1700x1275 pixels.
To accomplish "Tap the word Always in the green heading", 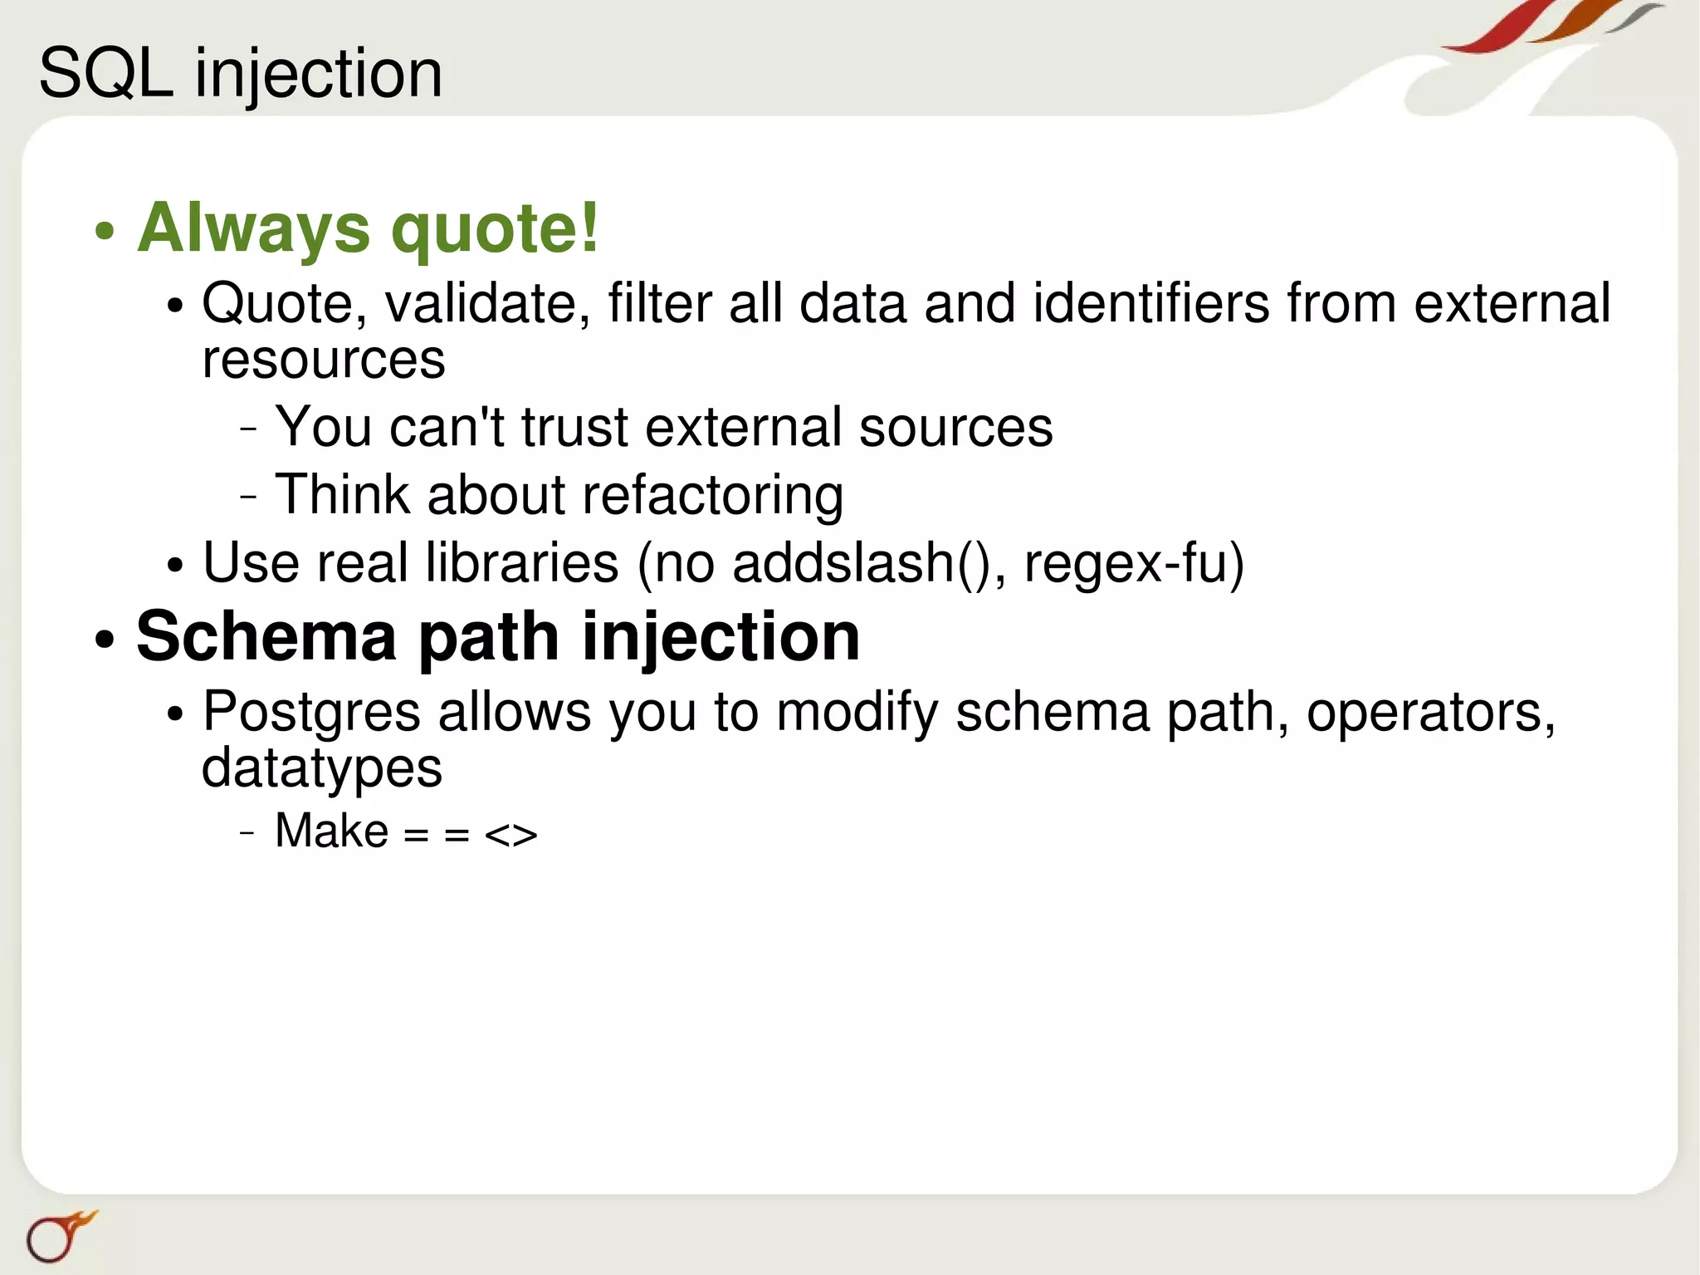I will tap(254, 228).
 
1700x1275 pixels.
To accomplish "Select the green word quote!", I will tap(495, 228).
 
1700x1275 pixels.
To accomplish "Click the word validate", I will tap(487, 303).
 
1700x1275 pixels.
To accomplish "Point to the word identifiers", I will tap(1151, 303).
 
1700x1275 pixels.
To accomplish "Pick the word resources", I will tap(324, 360).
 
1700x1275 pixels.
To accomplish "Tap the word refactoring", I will tap(712, 496).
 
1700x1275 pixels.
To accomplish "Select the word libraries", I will tap(522, 563).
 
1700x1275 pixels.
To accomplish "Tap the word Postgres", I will tap(312, 713).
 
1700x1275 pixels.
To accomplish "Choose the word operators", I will tap(1430, 713).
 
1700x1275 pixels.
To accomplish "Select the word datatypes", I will tap(322, 768).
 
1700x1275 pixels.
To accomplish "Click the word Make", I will tap(331, 831).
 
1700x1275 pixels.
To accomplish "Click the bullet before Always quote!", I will tap(104, 231).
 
